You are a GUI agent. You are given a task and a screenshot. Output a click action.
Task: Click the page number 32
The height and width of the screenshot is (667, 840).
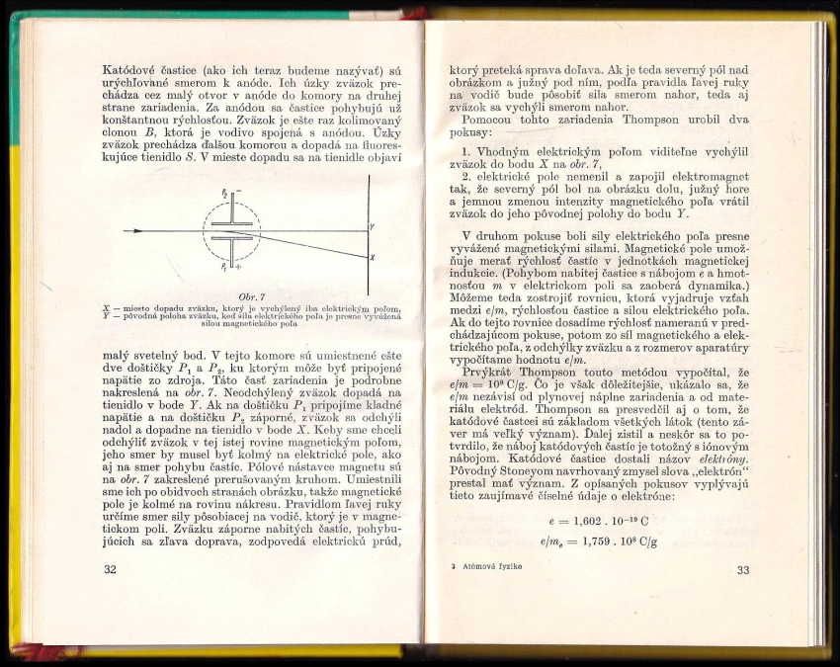click(110, 569)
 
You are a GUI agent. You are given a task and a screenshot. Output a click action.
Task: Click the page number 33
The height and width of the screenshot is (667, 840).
click(743, 569)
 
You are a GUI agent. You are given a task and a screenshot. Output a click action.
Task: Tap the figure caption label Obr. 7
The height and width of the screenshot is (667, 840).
click(240, 295)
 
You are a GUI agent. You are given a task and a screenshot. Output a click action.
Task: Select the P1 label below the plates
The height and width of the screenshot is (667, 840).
click(225, 267)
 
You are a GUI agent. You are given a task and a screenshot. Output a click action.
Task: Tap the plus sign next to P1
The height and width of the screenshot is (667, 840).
click(237, 268)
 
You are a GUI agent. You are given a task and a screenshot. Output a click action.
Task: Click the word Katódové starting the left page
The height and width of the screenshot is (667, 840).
click(133, 71)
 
